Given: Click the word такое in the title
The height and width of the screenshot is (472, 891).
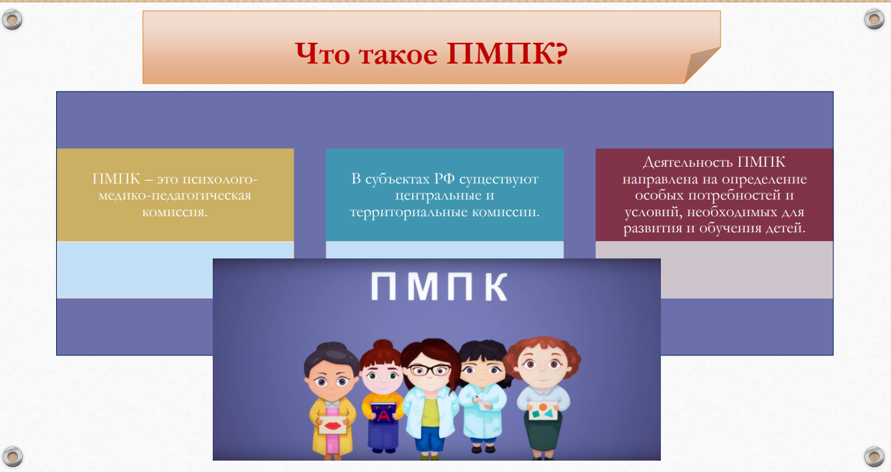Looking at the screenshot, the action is coord(398,55).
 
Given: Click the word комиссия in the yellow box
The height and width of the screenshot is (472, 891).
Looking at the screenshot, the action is coord(175,212).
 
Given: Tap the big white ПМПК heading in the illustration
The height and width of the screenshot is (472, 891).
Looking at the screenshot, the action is coord(439,286).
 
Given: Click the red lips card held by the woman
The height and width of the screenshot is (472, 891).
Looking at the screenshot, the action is coord(332,425).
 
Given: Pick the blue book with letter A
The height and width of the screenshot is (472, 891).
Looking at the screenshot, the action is coord(383,412).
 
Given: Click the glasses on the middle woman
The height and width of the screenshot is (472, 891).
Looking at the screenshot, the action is coord(429,370).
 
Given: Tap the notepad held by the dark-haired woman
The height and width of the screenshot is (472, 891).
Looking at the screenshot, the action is coord(484,404).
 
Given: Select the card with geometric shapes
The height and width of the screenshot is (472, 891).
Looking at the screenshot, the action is coord(542,410).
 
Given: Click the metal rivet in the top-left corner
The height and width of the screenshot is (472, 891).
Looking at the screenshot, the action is coord(12,19).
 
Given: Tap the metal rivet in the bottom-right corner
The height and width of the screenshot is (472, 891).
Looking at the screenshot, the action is coord(874,456).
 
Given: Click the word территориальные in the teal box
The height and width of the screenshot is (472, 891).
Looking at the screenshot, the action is coord(409,212).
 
